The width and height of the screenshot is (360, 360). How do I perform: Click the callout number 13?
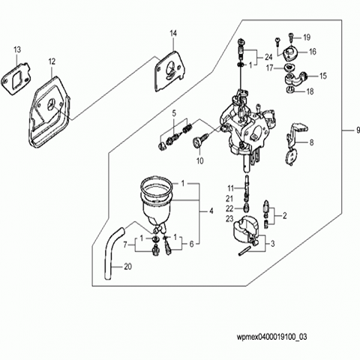click(x=17, y=49)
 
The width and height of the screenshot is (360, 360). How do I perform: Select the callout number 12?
click(x=52, y=61)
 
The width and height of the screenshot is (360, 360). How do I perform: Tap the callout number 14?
click(x=173, y=33)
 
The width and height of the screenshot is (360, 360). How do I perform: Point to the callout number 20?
click(x=127, y=267)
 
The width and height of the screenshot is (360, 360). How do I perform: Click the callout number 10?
click(x=200, y=161)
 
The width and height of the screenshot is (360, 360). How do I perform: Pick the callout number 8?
click(x=311, y=142)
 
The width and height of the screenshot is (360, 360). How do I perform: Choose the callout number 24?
click(x=268, y=57)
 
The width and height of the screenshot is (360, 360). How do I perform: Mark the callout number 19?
click(x=307, y=37)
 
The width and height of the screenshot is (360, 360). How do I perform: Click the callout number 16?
click(x=313, y=52)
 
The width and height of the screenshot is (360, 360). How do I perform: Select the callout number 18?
click(x=310, y=91)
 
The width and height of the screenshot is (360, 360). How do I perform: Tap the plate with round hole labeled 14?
click(x=170, y=71)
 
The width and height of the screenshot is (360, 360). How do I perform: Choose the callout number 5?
click(x=174, y=113)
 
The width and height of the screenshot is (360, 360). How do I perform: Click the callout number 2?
click(x=284, y=215)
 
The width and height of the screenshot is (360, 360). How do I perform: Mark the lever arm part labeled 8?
click(x=295, y=144)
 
